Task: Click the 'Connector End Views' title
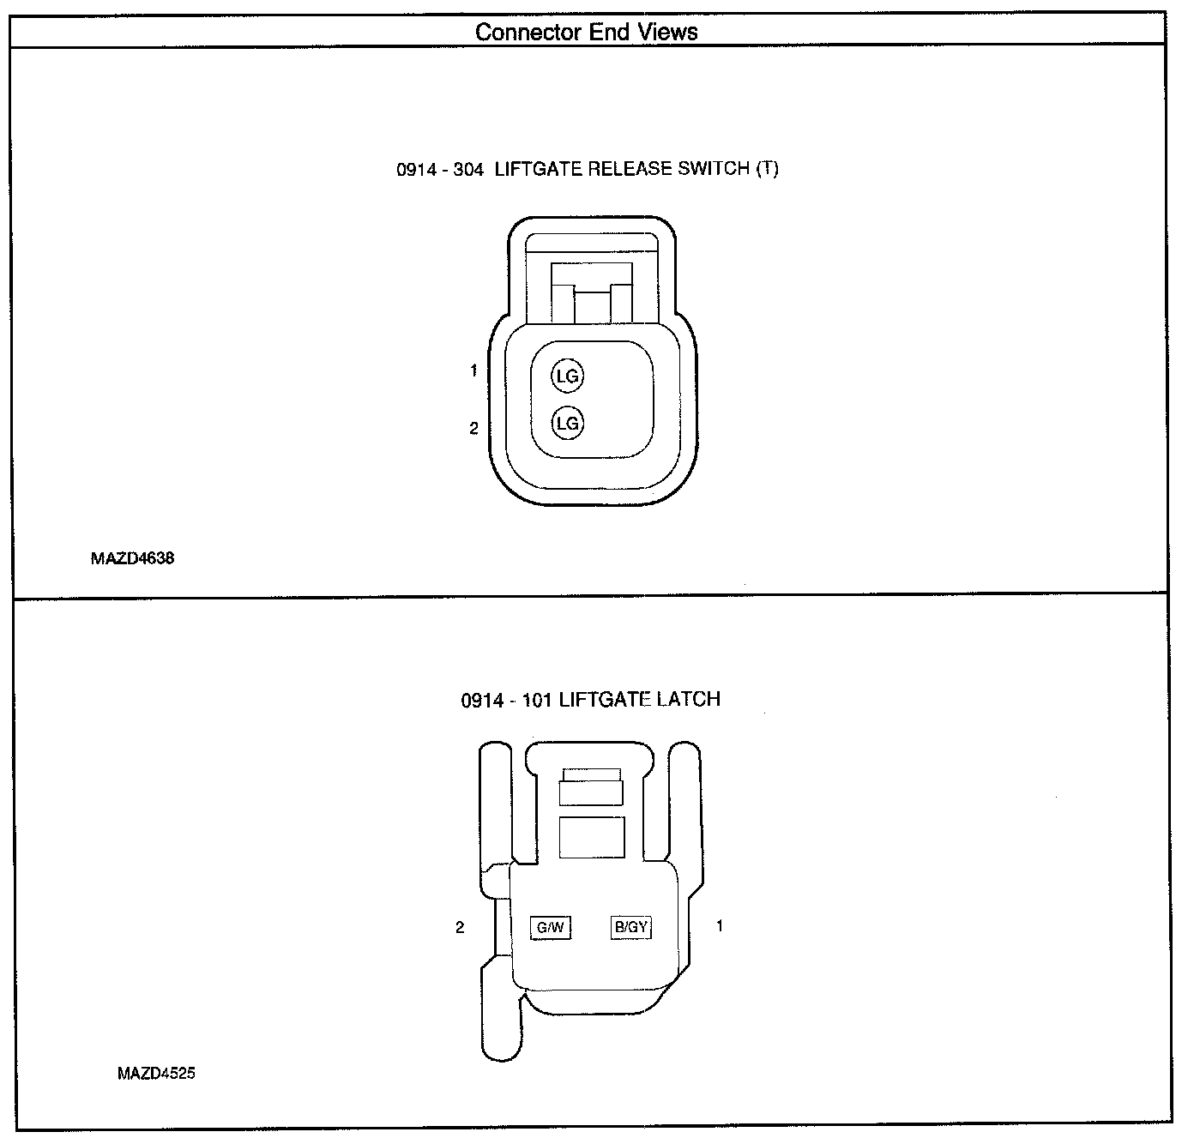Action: [x=587, y=33]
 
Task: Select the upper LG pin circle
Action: [x=567, y=376]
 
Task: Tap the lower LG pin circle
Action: [x=567, y=423]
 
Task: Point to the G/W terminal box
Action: [x=550, y=927]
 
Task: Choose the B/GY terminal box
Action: [x=630, y=927]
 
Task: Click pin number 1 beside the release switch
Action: [x=473, y=371]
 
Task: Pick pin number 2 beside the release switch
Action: [x=473, y=428]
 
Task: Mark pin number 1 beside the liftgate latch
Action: [x=719, y=926]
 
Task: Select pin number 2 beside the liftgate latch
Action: [x=460, y=927]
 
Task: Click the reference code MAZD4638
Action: [x=132, y=558]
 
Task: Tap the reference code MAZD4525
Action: [x=156, y=1073]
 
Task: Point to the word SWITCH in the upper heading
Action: [x=714, y=169]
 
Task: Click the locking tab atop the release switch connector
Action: [x=591, y=292]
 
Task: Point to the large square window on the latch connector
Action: [x=591, y=836]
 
